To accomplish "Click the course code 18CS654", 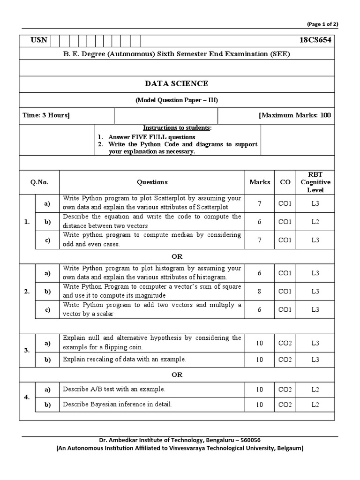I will (315, 40).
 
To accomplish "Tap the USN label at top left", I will (39, 40).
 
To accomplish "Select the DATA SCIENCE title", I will (176, 83).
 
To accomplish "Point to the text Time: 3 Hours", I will (46, 115).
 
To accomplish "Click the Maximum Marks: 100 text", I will (294, 115).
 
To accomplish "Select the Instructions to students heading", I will (177, 128).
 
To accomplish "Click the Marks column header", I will (259, 182).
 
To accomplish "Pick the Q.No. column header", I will (39, 182).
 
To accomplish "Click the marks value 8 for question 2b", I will (259, 291).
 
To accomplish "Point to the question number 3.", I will (27, 350).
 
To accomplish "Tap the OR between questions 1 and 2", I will (177, 256).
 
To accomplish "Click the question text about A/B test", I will (114, 389).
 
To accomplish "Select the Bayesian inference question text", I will (118, 404).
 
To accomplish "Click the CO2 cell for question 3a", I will (285, 343).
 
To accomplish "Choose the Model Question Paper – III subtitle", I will (176, 100).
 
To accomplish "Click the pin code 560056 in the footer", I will (247, 440).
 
